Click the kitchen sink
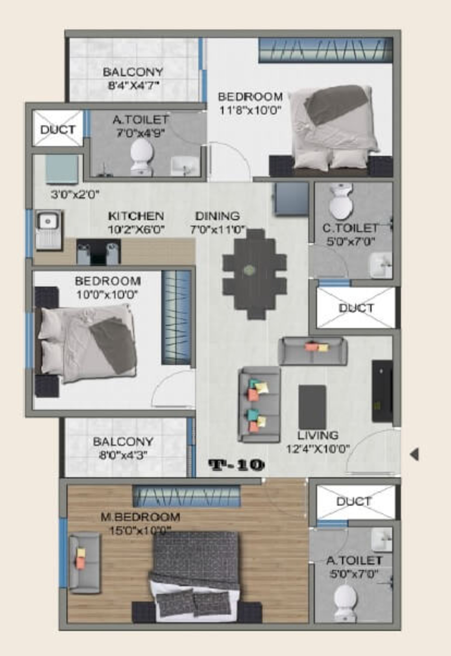48,230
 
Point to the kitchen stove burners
99,251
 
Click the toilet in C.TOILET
341,201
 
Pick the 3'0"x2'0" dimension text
75,195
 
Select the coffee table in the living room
312,407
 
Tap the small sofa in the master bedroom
84,563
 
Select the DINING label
218,216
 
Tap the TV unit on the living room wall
382,391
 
